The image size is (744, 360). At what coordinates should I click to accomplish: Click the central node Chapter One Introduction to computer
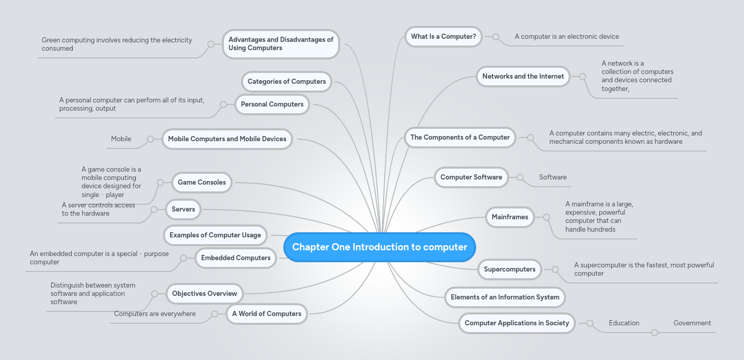pos(379,247)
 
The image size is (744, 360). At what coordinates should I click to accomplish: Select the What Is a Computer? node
pos(443,37)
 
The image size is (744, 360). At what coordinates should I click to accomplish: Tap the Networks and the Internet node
pos(523,77)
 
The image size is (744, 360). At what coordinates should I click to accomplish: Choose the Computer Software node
pos(471,177)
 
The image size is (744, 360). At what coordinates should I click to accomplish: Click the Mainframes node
pos(510,217)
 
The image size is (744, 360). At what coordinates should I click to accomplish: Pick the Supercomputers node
pos(509,269)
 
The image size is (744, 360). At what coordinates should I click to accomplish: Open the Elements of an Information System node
pos(505,297)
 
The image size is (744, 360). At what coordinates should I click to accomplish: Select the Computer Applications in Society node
pos(517,323)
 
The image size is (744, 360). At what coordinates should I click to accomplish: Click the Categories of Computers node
pos(286,82)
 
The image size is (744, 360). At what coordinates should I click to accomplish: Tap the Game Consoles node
pos(202,183)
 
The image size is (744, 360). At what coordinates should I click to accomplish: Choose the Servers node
pos(184,209)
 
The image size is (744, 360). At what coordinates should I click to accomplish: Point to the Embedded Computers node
pos(236,258)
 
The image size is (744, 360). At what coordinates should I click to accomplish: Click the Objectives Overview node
pos(204,294)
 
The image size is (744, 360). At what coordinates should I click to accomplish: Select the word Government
pos(692,323)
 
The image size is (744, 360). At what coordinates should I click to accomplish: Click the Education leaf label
pos(624,323)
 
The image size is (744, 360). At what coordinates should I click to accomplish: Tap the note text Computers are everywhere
pos(155,314)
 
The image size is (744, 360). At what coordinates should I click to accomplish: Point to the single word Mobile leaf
pos(121,139)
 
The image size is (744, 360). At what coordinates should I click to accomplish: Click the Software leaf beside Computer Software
pos(553,177)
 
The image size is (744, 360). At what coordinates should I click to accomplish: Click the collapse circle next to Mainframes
pos(546,217)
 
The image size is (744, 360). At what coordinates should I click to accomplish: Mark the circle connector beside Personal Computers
pos(223,104)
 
